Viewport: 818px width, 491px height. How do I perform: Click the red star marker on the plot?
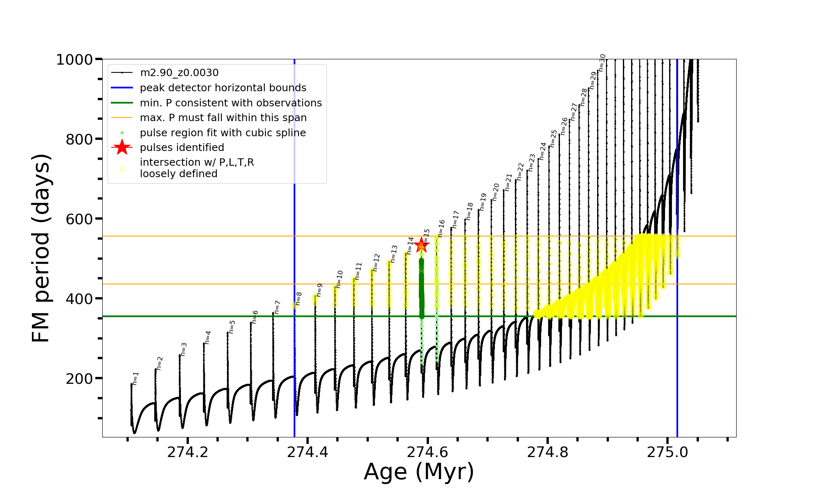[x=421, y=245]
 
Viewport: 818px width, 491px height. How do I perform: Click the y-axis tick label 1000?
[x=74, y=60]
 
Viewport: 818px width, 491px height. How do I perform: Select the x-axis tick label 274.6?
[x=428, y=452]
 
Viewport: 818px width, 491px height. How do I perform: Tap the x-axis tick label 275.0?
[x=667, y=452]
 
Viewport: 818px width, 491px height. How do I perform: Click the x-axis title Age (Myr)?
[x=419, y=472]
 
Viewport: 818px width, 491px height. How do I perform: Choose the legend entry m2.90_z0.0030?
[x=179, y=73]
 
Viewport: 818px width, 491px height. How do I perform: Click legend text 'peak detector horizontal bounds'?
[x=223, y=88]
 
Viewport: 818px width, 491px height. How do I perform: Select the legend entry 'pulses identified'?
[x=182, y=147]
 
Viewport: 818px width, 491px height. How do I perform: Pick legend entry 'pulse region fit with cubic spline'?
[x=223, y=133]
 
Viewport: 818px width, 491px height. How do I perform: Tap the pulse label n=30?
[x=602, y=63]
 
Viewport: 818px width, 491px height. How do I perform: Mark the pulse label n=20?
[x=496, y=192]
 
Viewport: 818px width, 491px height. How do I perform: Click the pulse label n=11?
[x=358, y=271]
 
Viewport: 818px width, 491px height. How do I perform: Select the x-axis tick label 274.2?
[x=188, y=452]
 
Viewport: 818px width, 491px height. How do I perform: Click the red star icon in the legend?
[x=122, y=147]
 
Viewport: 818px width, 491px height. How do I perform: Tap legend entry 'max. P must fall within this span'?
[x=223, y=118]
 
